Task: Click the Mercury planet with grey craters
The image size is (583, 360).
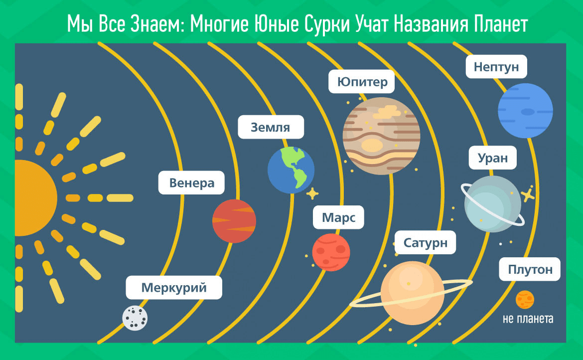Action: (135, 318)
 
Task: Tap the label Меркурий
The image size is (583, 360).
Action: (174, 288)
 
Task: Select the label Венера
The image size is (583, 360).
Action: (191, 182)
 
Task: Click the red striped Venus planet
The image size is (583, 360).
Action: (234, 221)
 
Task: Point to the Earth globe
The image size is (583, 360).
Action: (291, 170)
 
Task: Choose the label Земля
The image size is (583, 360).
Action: (271, 127)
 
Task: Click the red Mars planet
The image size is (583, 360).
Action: (331, 252)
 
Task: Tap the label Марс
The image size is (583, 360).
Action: (338, 217)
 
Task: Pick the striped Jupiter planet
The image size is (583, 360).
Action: (382, 136)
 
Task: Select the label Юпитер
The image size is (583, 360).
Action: (362, 81)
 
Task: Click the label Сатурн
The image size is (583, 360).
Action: (426, 242)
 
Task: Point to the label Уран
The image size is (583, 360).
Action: (493, 158)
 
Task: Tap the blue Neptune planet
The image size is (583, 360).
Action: (525, 111)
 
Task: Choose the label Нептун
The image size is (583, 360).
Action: (496, 67)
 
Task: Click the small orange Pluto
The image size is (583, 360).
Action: (525, 300)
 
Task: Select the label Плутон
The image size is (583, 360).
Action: (530, 269)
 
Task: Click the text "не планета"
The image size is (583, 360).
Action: (528, 319)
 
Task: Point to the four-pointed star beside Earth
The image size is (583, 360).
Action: (312, 194)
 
